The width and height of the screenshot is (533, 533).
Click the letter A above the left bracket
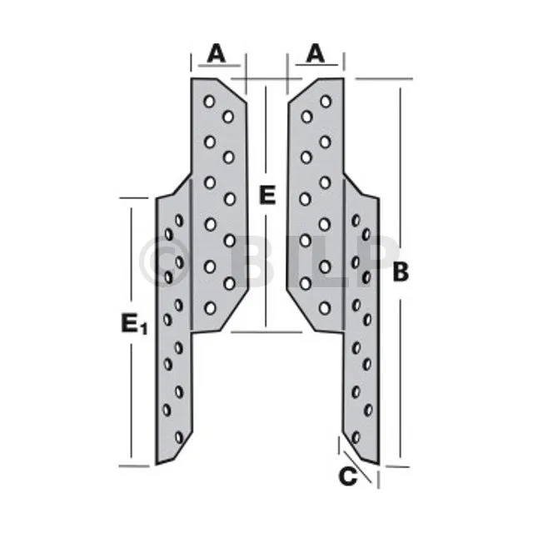(216, 53)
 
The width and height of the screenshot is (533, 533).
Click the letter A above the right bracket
(315, 53)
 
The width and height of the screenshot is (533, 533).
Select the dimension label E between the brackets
(266, 196)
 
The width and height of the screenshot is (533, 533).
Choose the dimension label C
(349, 477)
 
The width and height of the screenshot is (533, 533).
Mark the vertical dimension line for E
(266, 266)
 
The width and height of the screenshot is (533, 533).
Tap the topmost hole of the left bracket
(209, 101)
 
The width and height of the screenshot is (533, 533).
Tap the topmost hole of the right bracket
(326, 101)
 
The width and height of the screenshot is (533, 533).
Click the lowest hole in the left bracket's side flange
(179, 437)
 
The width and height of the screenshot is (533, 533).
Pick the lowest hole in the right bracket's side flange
(356, 436)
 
